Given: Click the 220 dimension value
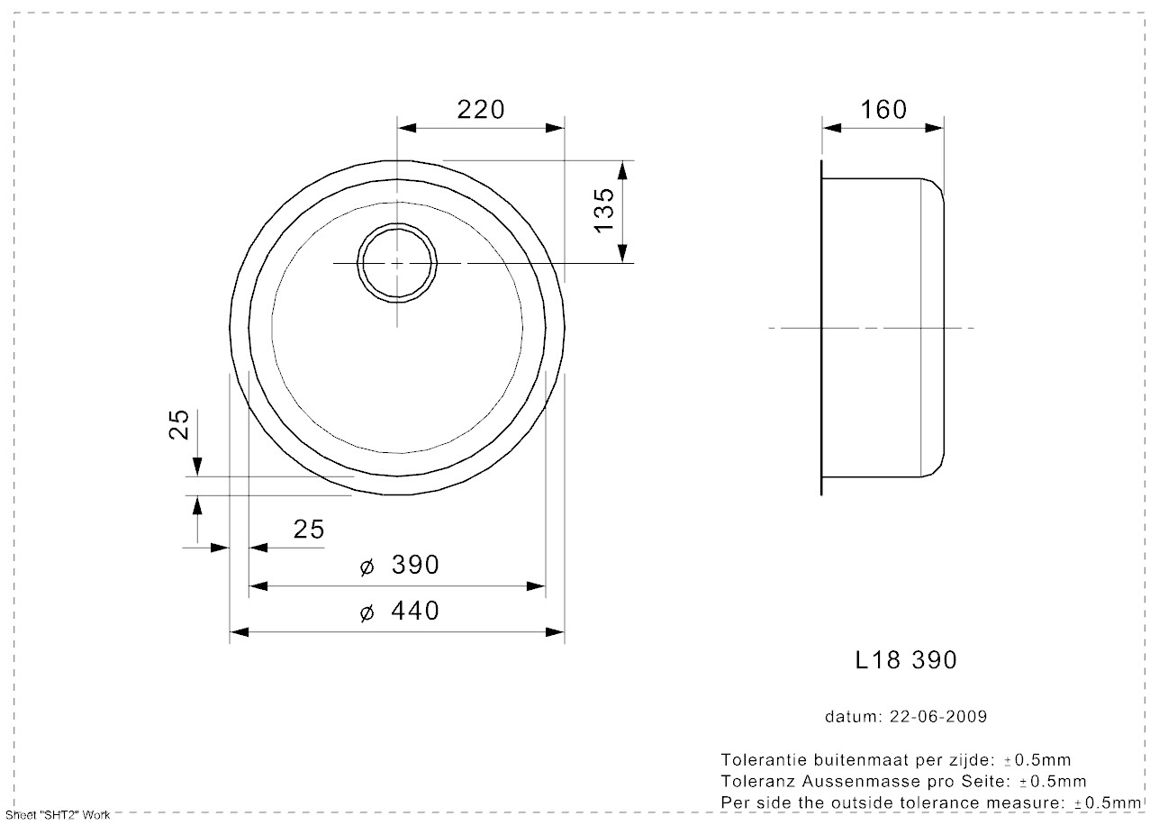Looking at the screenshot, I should [x=481, y=110].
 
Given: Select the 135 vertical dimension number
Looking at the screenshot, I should [x=605, y=211].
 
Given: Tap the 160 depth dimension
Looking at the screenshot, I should [x=883, y=110].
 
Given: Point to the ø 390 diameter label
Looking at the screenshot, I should [x=399, y=566].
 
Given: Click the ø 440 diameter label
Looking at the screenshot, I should [x=399, y=612].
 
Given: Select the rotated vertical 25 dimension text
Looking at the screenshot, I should [x=180, y=424].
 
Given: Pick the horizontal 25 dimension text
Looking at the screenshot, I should [x=308, y=530].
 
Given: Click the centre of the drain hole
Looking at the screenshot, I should [x=397, y=262].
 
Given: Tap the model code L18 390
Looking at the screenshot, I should [x=905, y=660].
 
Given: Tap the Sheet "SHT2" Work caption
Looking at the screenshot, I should [x=58, y=815].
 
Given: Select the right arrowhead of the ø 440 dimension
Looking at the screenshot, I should [x=557, y=632].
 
